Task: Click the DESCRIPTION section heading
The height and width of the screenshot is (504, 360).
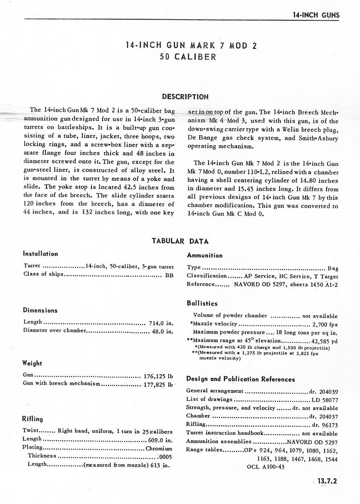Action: pyautogui.click(x=185, y=97)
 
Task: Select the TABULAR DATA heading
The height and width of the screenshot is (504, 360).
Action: pyautogui.click(x=180, y=241)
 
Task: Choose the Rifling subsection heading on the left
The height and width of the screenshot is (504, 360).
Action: pyautogui.click(x=33, y=419)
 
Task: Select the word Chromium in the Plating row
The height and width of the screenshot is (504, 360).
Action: pyautogui.click(x=159, y=448)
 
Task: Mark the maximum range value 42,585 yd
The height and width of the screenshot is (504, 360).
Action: pyautogui.click(x=324, y=341)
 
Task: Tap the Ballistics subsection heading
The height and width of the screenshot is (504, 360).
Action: pyautogui.click(x=202, y=303)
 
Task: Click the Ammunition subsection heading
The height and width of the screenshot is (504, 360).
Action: pyautogui.click(x=204, y=255)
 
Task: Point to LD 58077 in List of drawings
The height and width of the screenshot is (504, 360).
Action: pyautogui.click(x=325, y=400)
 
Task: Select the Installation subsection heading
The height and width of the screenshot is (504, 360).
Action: pyautogui.click(x=40, y=254)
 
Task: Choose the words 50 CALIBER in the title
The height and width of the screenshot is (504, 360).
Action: pyautogui.click(x=188, y=57)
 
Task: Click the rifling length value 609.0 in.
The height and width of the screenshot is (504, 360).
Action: pyautogui.click(x=160, y=440)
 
